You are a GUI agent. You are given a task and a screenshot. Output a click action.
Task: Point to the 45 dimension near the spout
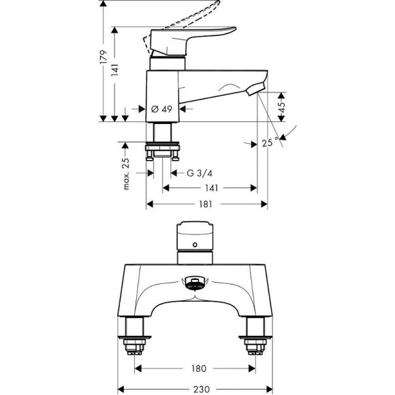tap(281, 106)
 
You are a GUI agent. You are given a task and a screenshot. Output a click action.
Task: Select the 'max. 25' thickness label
tap(125, 174)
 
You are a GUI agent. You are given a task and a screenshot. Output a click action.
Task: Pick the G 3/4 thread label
tap(200, 173)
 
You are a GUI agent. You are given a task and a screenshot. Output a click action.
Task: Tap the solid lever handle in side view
tap(197, 37)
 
